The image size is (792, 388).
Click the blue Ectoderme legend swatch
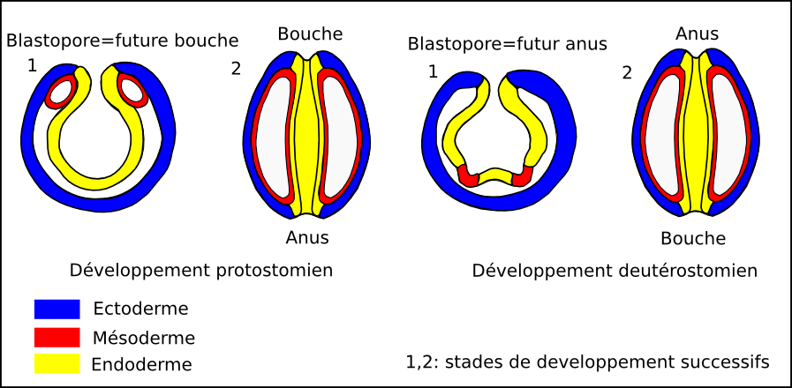[x=57, y=309]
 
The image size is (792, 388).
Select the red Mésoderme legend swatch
[x=57, y=337]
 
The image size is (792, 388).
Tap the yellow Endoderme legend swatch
[x=57, y=363]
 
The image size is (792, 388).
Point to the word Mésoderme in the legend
[x=143, y=337]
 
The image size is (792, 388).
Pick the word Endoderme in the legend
[x=141, y=363]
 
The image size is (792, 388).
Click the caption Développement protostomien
[x=200, y=271]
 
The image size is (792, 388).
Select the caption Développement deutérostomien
[x=615, y=271]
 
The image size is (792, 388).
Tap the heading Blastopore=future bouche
[x=123, y=40]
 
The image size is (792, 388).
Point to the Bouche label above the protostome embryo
[x=310, y=34]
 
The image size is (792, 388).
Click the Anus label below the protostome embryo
[x=307, y=237]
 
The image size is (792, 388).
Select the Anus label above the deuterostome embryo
[x=698, y=34]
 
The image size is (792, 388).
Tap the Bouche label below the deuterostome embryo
[x=693, y=238]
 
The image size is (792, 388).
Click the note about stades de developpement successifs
[x=587, y=362]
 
